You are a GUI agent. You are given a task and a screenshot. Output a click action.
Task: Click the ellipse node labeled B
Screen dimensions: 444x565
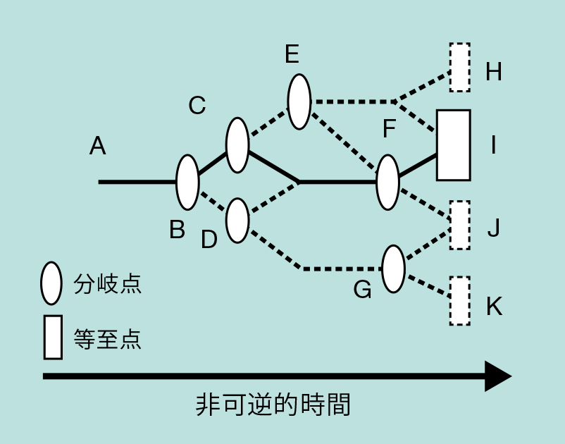click(x=187, y=183)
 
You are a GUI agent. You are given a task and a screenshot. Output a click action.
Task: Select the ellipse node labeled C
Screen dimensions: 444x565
click(x=237, y=145)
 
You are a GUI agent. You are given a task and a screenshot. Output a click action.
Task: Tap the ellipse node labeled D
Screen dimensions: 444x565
click(x=237, y=220)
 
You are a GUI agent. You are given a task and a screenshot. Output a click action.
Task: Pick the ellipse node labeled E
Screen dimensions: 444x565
click(x=299, y=101)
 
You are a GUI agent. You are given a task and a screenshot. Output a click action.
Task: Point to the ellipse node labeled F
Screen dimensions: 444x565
click(x=388, y=183)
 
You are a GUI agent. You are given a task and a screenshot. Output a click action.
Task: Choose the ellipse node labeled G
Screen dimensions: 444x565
click(x=394, y=269)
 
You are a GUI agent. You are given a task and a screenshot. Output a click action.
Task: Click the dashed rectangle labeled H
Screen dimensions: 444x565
click(x=460, y=68)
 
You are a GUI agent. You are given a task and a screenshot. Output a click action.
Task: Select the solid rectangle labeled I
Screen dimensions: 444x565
click(x=453, y=145)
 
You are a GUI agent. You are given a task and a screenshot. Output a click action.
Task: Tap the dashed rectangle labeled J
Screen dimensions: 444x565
click(x=460, y=226)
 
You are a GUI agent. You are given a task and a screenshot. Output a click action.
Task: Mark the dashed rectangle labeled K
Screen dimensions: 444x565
click(x=460, y=301)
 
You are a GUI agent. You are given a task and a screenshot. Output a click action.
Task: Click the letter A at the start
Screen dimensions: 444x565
click(x=98, y=147)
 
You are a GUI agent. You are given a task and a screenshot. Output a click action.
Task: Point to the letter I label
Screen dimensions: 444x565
click(x=494, y=146)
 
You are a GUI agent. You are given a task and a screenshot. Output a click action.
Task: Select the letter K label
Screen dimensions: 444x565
click(x=495, y=307)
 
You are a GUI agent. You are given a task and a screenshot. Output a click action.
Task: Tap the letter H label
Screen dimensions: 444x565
click(x=494, y=72)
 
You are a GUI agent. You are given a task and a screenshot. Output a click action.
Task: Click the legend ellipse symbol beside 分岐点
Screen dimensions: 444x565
click(x=52, y=283)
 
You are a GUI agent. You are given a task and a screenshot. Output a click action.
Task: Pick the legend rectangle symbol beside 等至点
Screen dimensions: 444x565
click(x=53, y=338)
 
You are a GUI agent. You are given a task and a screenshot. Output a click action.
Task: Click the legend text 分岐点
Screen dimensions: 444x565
click(x=107, y=284)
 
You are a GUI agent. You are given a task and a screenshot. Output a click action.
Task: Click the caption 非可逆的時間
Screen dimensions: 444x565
click(x=273, y=406)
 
